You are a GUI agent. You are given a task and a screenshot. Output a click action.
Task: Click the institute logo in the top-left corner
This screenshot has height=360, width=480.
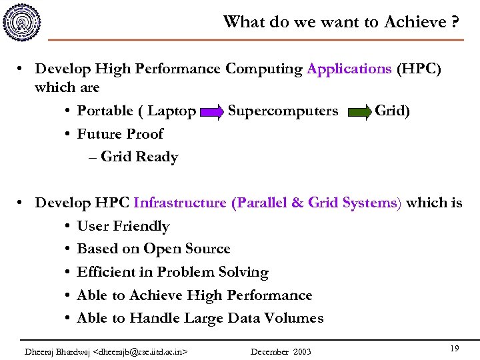coord(21,21)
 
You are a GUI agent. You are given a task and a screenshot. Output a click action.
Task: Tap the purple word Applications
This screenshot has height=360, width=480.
coord(349,69)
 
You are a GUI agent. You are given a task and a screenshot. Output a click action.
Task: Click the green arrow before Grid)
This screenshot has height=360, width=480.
coord(359,112)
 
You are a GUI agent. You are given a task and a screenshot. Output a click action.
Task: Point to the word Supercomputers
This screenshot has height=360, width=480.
coord(283,111)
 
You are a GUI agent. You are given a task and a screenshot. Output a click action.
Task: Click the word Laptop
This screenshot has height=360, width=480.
coord(171,111)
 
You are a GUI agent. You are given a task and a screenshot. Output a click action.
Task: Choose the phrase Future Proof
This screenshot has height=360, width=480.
coord(120,134)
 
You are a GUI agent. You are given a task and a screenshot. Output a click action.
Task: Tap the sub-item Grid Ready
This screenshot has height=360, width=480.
coord(139,157)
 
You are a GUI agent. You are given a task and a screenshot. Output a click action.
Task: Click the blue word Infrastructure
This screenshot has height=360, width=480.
coord(180,203)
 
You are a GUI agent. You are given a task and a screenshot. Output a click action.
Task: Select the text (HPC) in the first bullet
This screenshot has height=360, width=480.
coord(419,69)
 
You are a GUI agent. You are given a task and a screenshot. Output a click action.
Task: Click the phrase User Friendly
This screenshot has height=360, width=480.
coord(123,227)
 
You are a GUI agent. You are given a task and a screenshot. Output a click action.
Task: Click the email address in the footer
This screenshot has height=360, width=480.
coord(141,351)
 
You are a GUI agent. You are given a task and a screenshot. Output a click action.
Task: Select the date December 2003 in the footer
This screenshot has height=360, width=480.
coord(281,351)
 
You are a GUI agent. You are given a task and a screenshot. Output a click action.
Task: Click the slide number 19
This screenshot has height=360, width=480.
coord(455,349)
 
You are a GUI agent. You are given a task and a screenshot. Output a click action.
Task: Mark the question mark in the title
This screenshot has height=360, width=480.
coord(455,22)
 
